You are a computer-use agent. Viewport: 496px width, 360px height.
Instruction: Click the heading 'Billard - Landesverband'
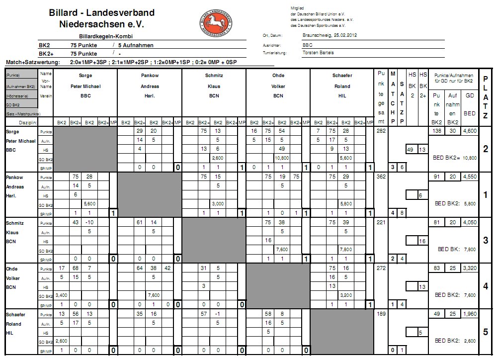(x=101, y=12)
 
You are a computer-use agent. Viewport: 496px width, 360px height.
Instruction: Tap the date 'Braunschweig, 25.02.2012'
(x=330, y=36)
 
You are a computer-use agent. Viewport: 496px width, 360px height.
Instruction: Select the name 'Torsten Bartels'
(x=318, y=53)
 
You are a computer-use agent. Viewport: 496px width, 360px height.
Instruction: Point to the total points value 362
(x=381, y=177)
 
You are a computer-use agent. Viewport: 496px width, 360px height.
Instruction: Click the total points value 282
(x=381, y=130)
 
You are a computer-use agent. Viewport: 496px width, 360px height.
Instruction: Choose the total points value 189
(x=381, y=315)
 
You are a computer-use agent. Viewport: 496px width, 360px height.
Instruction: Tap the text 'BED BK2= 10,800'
(x=456, y=158)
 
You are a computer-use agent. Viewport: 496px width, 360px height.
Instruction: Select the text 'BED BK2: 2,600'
(x=456, y=341)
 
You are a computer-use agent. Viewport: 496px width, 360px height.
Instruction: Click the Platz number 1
(x=485, y=195)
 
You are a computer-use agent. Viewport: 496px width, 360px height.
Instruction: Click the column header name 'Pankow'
(x=150, y=76)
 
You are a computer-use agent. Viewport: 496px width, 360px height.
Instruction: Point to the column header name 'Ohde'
(x=278, y=76)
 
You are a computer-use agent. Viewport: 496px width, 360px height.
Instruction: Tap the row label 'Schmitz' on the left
(x=15, y=223)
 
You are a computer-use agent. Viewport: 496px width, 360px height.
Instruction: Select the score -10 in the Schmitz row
(x=90, y=223)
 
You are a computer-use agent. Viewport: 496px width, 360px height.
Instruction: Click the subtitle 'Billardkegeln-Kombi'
(x=106, y=36)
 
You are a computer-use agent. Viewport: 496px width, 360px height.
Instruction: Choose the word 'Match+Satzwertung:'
(x=32, y=63)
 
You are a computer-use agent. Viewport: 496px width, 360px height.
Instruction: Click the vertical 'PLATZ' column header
(x=485, y=97)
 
